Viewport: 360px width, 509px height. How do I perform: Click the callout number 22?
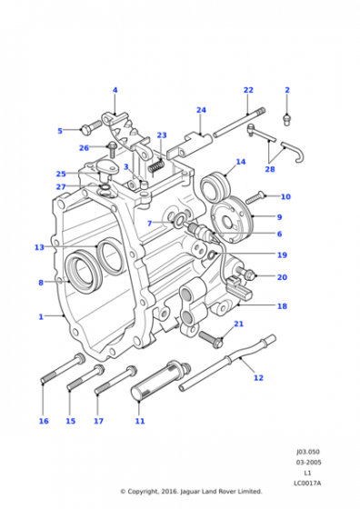248,90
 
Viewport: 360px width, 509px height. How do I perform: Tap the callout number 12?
258,377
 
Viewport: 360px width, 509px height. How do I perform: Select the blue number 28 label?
270,169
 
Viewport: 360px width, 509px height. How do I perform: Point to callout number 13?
39,247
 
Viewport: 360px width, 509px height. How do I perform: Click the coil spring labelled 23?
156,166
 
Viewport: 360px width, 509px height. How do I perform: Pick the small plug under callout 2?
286,120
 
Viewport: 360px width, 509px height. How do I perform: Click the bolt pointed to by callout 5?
91,127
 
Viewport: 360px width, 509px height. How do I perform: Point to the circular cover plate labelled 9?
232,219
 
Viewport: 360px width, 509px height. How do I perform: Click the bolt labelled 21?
211,339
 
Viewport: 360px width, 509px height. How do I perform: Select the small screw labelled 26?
113,150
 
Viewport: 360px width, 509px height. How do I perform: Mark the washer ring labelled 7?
178,222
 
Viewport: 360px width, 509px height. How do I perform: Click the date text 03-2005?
308,463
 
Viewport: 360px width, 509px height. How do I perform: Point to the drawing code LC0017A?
307,484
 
